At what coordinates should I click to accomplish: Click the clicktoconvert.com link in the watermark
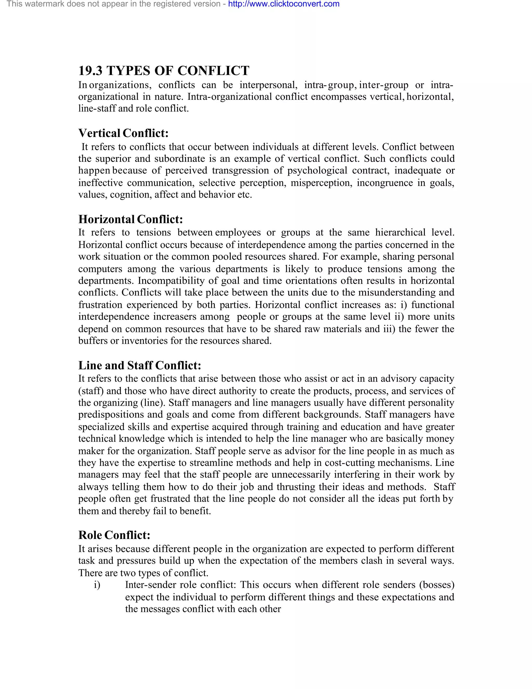[x=284, y=4]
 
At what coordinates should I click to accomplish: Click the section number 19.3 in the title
[x=90, y=71]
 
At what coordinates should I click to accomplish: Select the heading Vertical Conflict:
[x=123, y=133]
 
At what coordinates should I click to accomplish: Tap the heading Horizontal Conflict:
[x=130, y=219]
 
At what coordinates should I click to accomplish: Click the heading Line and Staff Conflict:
[x=139, y=365]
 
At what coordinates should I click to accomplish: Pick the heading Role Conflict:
[x=114, y=535]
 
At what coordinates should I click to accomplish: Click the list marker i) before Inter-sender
[x=97, y=585]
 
